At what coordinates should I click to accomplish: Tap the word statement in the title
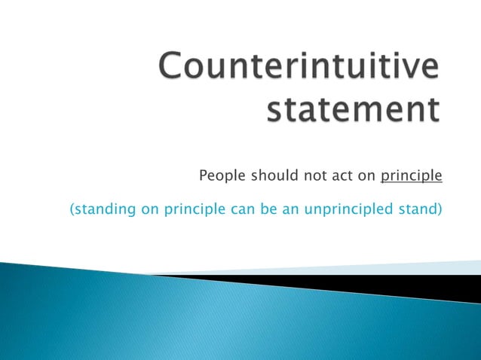click(354, 110)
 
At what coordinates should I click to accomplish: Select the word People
click(219, 177)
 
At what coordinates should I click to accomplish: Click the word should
click(266, 177)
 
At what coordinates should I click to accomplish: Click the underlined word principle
click(411, 178)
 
